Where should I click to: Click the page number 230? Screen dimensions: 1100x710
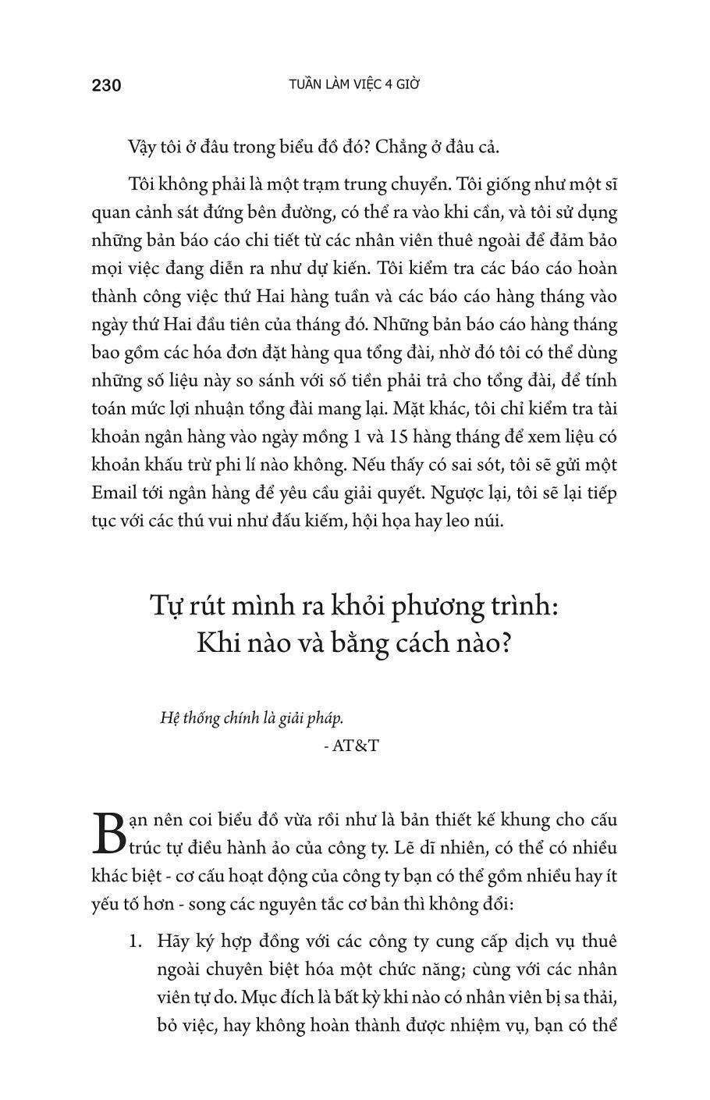pos(106,85)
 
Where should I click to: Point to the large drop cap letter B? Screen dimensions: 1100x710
pos(108,834)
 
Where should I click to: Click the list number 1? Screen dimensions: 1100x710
pos(135,941)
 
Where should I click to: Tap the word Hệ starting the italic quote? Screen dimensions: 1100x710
pos(169,718)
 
